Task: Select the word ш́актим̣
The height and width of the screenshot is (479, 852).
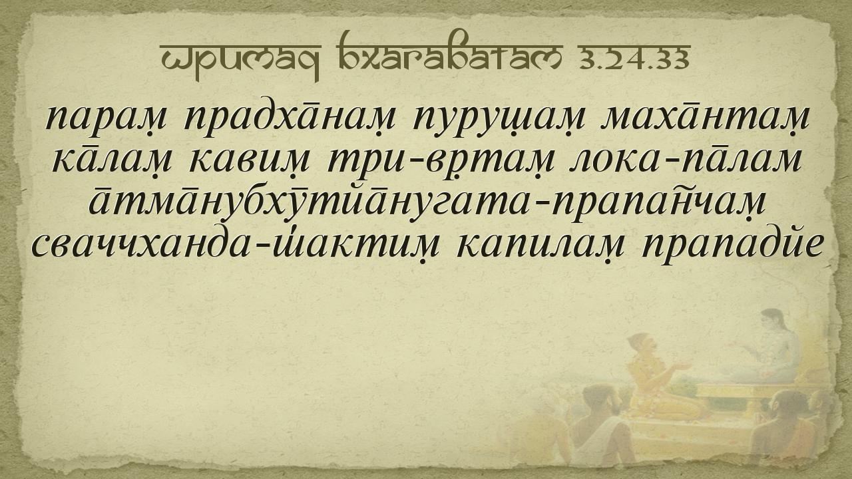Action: point(353,245)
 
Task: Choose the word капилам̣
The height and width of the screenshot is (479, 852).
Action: point(541,246)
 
